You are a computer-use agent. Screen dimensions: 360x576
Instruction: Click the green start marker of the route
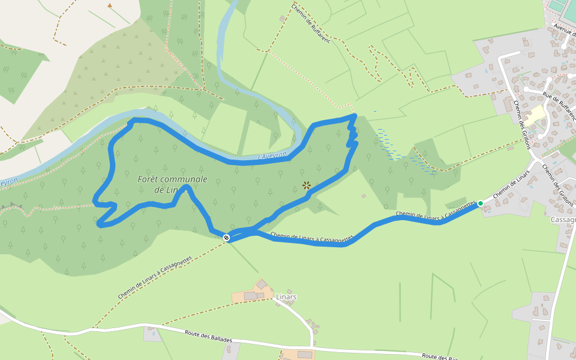click(x=480, y=203)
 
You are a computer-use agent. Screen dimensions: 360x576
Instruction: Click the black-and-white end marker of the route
click(x=226, y=238)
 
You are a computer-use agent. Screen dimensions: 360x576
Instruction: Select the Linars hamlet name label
click(x=287, y=297)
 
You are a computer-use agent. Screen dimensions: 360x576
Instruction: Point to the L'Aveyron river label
click(x=272, y=156)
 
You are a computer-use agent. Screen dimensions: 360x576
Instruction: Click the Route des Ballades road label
click(x=208, y=336)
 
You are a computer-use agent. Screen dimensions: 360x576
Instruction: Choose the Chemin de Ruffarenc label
click(x=311, y=26)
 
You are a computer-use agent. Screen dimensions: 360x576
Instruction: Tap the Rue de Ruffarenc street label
click(x=558, y=105)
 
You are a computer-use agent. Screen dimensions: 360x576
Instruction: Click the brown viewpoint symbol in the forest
click(x=306, y=185)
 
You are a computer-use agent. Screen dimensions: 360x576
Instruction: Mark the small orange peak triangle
click(x=110, y=5)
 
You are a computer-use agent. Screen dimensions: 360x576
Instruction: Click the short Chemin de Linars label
click(x=511, y=185)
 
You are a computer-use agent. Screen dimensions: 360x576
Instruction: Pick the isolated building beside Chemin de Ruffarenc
click(x=283, y=19)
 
